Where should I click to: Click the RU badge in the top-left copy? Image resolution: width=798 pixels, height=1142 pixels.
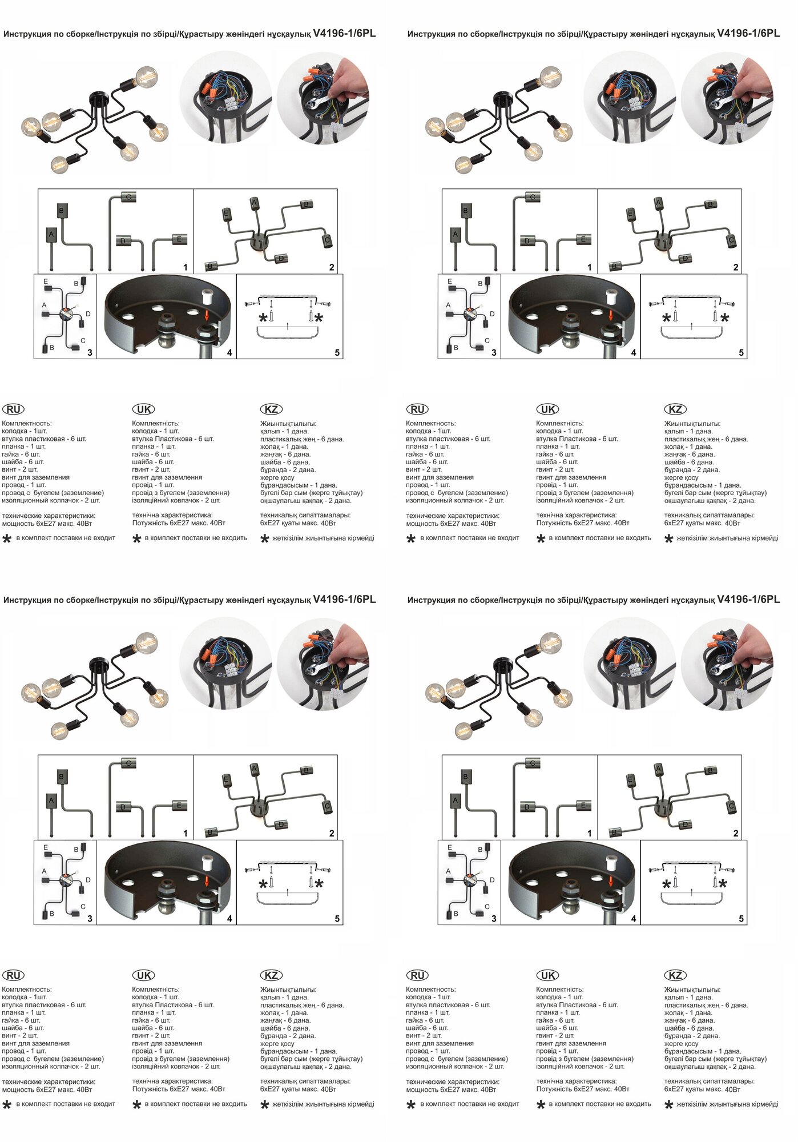coord(13,409)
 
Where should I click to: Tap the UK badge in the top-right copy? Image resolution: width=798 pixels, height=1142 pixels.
coord(547,409)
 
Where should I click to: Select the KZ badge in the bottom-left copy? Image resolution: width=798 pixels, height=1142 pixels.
coord(272,975)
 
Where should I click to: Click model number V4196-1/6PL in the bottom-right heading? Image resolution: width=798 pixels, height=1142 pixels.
coord(748,599)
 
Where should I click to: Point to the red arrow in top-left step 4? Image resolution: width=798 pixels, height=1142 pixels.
coord(207,316)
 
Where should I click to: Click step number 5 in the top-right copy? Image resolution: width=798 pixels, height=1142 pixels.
coord(741,352)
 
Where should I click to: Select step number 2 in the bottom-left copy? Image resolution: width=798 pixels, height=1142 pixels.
coord(332,833)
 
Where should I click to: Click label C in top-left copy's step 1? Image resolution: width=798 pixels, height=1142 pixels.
coord(128,198)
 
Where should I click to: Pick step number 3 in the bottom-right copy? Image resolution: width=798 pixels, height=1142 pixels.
coord(494,919)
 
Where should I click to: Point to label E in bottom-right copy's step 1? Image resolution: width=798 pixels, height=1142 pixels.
coord(583,806)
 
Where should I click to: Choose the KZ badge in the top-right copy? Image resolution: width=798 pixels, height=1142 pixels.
coord(675,409)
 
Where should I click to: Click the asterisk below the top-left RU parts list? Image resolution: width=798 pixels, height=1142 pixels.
coord(7,538)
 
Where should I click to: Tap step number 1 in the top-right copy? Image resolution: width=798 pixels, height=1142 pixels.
coord(589,267)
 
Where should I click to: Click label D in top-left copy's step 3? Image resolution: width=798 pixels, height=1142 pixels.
coord(88,314)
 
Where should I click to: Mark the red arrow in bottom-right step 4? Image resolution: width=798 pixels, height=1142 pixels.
coord(611,882)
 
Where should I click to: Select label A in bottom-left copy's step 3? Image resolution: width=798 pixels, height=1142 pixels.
coord(44,871)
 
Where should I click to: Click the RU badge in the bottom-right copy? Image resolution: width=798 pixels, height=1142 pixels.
coord(417,975)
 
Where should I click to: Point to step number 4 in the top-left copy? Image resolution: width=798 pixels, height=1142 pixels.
coord(229,352)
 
